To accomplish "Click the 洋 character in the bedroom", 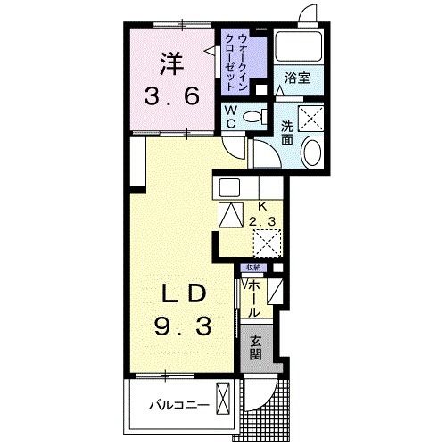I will pyautogui.click(x=173, y=63).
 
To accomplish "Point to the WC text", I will pyautogui.click(x=229, y=116).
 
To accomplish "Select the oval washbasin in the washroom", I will pyautogui.click(x=313, y=153).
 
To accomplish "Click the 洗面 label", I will pyautogui.click(x=287, y=133).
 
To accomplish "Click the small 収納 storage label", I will pyautogui.click(x=254, y=268).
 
